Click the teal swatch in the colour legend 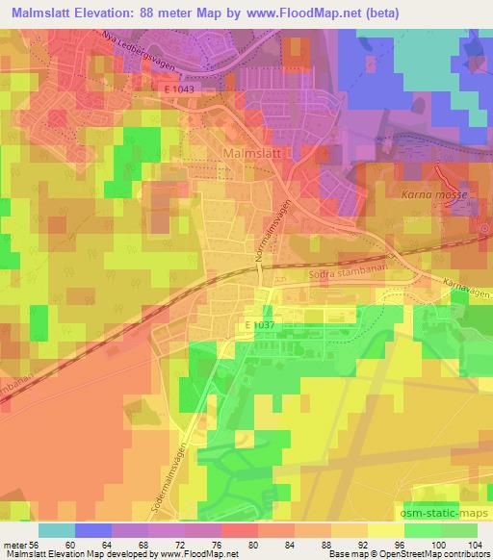pyautogui.click(x=56, y=529)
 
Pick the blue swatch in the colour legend pyautogui.click(x=92, y=529)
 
